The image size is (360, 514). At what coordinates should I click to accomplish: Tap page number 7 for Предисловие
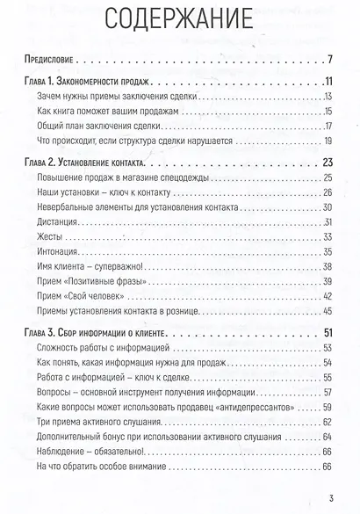tap(327, 61)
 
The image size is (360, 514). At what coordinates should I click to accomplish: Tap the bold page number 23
tap(323, 163)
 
